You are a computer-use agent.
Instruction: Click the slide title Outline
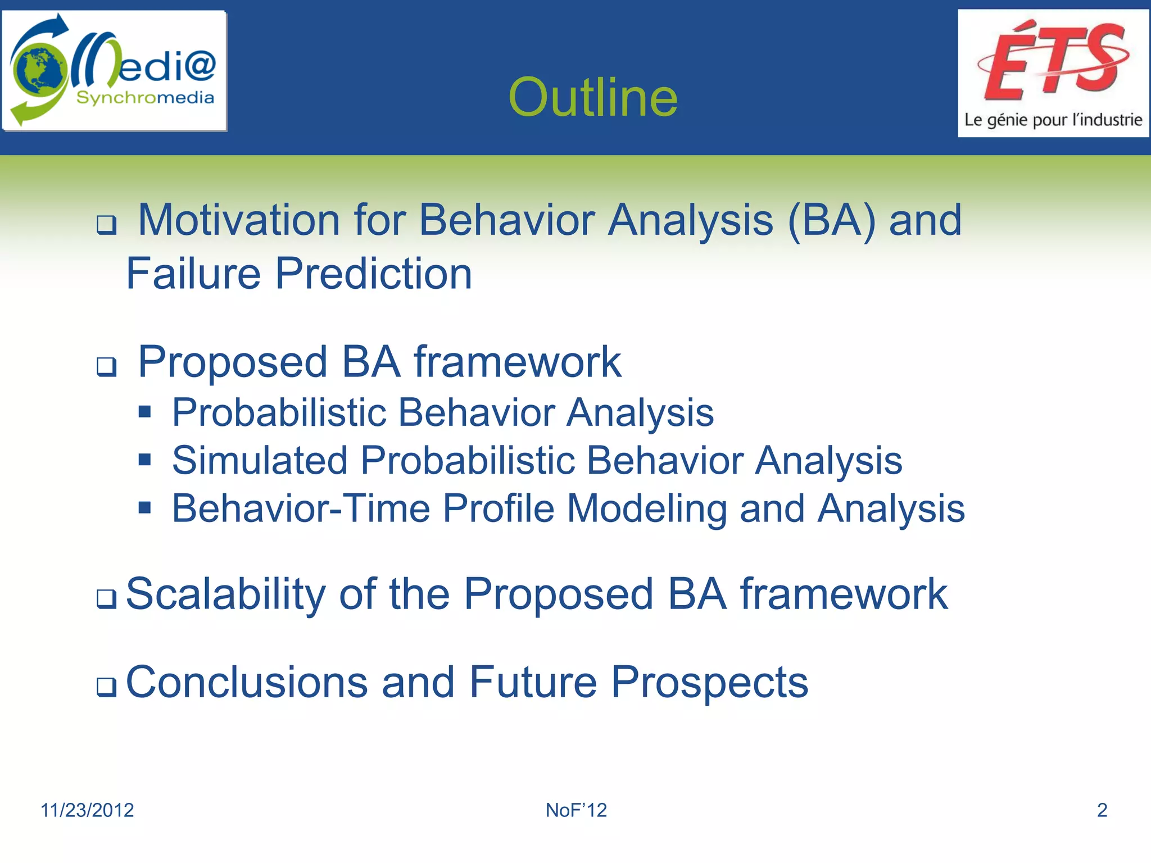(593, 97)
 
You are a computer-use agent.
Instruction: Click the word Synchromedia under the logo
(145, 98)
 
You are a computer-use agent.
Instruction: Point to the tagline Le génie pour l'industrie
(1053, 120)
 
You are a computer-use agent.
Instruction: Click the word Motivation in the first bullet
(239, 220)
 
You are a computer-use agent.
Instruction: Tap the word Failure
(193, 274)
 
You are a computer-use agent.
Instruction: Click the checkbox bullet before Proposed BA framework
(106, 367)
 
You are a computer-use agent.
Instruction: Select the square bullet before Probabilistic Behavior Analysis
(145, 412)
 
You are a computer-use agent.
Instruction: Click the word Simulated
(260, 460)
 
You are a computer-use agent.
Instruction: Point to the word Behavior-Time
(301, 508)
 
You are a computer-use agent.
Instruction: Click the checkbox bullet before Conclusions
(106, 687)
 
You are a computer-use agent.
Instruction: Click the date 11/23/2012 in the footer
(87, 810)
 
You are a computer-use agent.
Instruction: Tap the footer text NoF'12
(576, 810)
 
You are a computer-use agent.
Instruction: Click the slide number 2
(1102, 810)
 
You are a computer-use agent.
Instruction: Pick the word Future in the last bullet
(533, 682)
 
